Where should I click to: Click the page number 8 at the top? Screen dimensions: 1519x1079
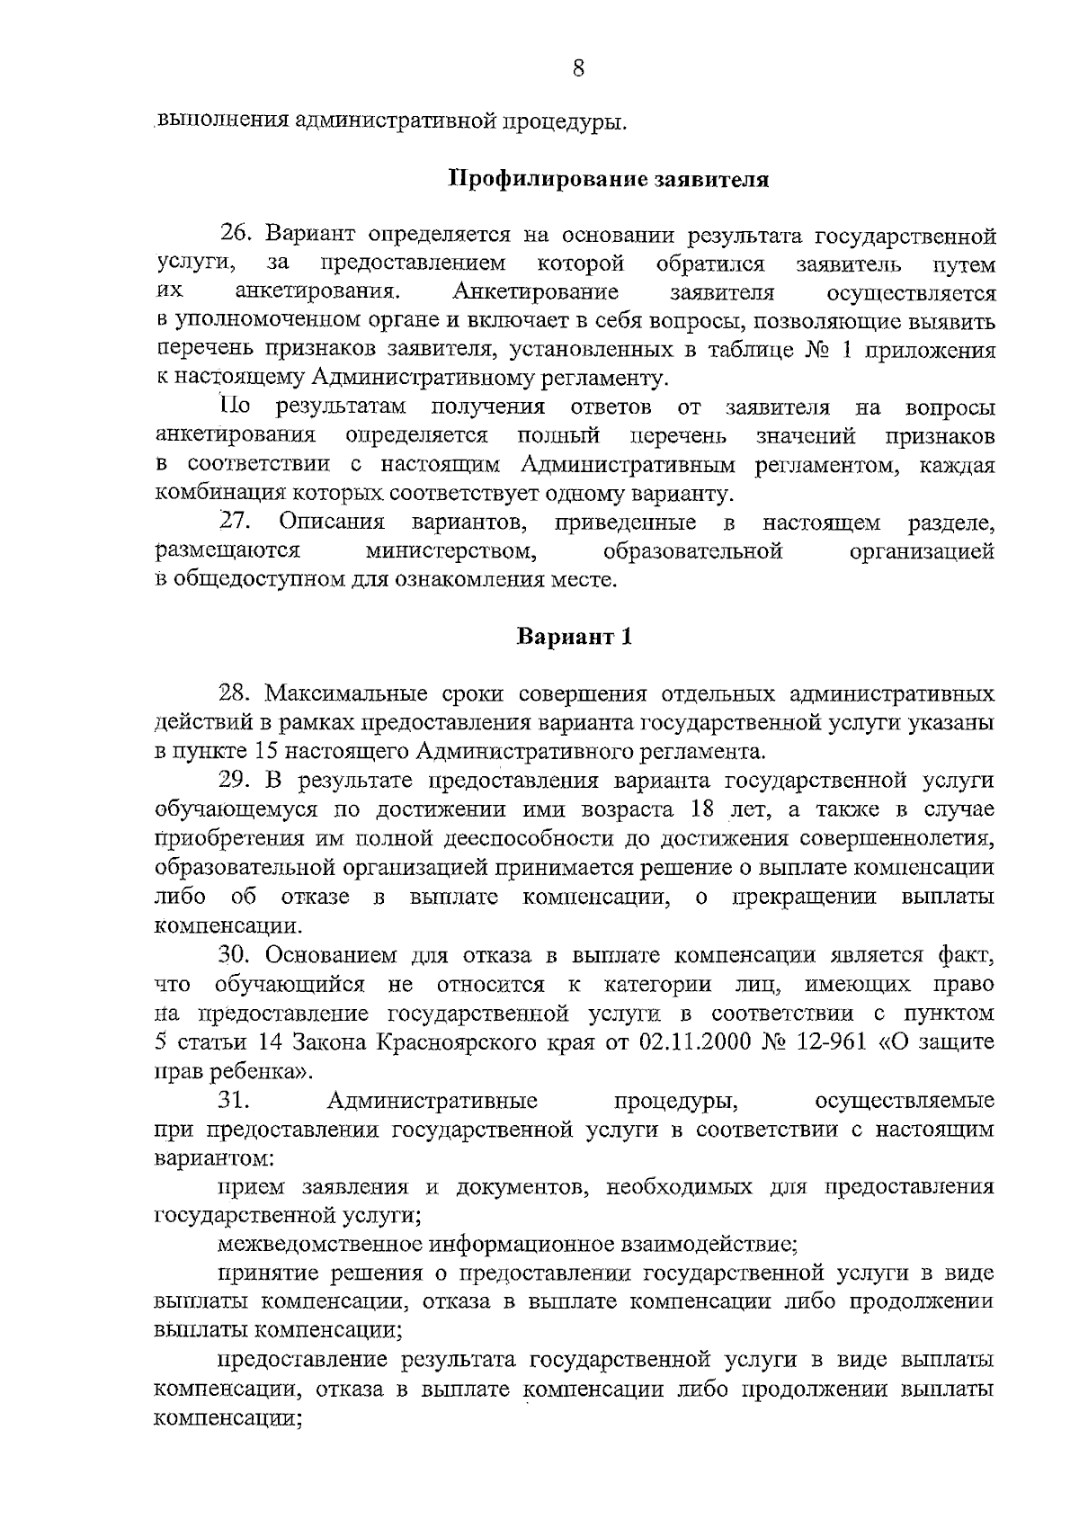tap(579, 68)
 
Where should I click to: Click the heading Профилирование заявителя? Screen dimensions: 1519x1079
tap(609, 178)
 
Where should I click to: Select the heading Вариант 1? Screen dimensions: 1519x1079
tap(575, 637)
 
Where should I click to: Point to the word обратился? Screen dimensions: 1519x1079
tap(710, 264)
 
